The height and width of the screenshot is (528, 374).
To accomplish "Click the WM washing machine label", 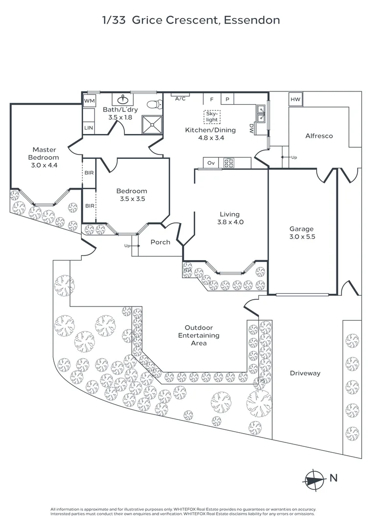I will (x=89, y=101).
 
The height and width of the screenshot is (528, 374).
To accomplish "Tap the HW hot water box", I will (x=295, y=100).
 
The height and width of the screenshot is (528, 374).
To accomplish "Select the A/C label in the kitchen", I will (x=180, y=98).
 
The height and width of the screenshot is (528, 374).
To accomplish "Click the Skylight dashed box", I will (x=212, y=116).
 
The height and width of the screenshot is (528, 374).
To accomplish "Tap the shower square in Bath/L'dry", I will (x=151, y=124).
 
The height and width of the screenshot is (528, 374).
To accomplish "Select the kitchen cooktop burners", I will (x=229, y=163).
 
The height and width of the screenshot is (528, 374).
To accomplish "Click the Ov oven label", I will (x=211, y=163).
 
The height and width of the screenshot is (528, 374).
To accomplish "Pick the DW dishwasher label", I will (x=251, y=129).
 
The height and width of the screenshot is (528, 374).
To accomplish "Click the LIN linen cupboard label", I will (x=89, y=128).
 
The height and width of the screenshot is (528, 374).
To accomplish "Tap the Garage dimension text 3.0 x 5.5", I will (x=301, y=237).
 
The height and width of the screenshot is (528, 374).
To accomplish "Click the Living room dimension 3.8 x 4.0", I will (x=229, y=222).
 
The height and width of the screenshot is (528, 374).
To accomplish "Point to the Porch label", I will (x=160, y=242).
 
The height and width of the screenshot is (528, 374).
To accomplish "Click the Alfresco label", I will (x=319, y=136).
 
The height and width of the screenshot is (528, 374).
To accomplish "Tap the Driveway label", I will (x=304, y=373).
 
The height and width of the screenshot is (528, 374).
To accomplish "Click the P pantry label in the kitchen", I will (x=227, y=99).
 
